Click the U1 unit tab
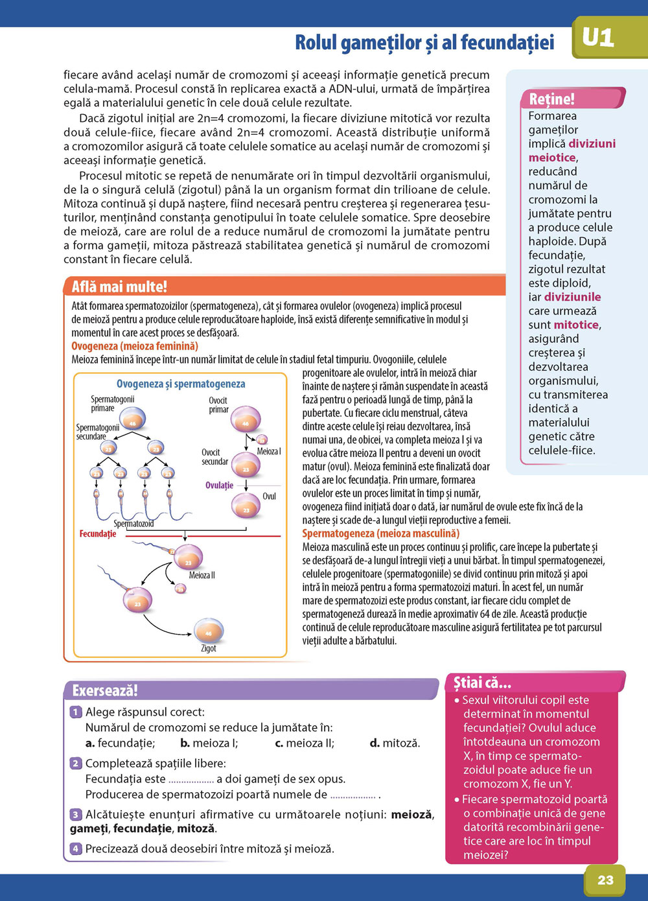pos(597,39)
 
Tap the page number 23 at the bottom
pos(605,880)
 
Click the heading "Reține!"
pos(551,99)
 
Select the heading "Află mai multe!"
pos(119,287)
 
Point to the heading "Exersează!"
pos(105,690)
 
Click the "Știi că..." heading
pos(482,683)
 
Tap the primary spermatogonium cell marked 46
pos(133,423)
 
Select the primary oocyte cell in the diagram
pos(246,421)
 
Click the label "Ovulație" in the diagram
pos(219,485)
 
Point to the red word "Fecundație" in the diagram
pos(98,533)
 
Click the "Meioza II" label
pos(202,575)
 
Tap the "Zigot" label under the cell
pos(209,648)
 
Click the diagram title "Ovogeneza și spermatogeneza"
pos(181,384)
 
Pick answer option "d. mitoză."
pos(395,743)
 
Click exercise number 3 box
pos(76,814)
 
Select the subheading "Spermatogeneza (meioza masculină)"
pos(381,533)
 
